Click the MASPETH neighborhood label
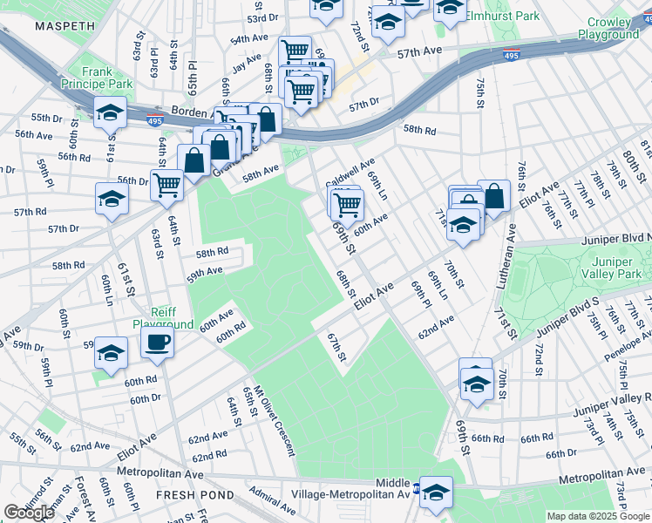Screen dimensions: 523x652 [x=64, y=27]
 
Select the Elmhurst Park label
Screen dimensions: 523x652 [x=515, y=16]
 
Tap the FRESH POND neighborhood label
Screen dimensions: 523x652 [x=195, y=495]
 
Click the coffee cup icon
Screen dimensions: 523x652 [x=157, y=342]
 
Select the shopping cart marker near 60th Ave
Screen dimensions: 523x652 [x=347, y=205]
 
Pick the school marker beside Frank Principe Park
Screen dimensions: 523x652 [x=111, y=112]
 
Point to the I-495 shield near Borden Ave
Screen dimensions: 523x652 [x=154, y=120]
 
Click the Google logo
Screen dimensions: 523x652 [x=28, y=513]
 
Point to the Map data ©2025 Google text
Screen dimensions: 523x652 [x=598, y=516]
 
